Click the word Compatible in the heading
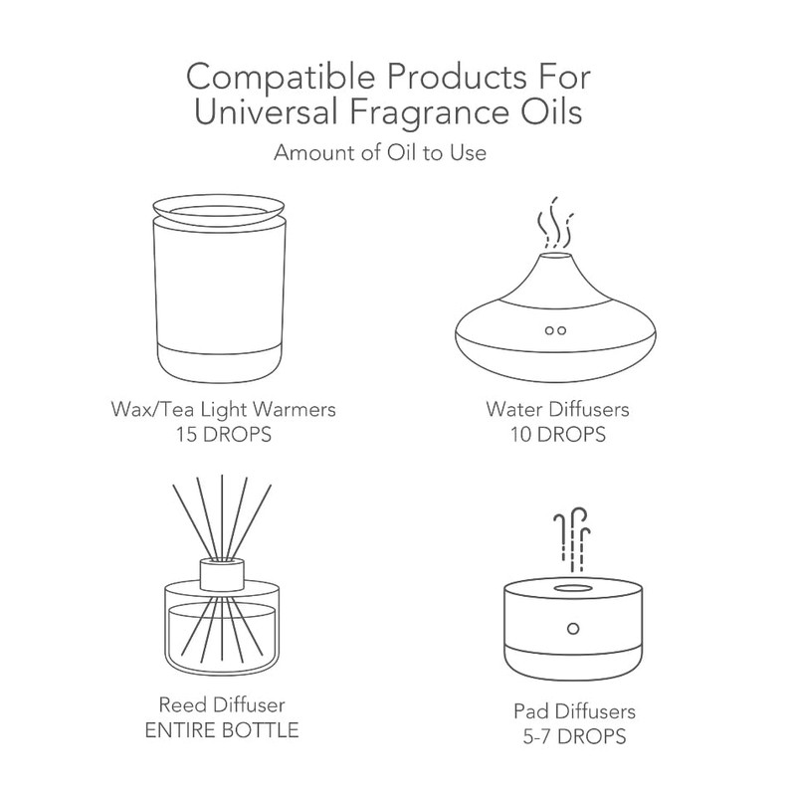pyautogui.click(x=281, y=78)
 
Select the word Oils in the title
pyautogui.click(x=553, y=112)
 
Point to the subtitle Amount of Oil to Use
pyautogui.click(x=380, y=152)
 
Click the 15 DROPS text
pyautogui.click(x=223, y=435)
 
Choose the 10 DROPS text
pyautogui.click(x=558, y=435)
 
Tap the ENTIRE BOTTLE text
pyautogui.click(x=222, y=730)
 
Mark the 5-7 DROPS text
pyautogui.click(x=575, y=736)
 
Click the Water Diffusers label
pyautogui.click(x=557, y=409)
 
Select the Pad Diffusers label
pyautogui.click(x=575, y=711)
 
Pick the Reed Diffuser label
pyautogui.click(x=222, y=704)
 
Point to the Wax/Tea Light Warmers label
pyautogui.click(x=223, y=409)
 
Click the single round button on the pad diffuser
pyautogui.click(x=573, y=629)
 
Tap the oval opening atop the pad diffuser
pyautogui.click(x=573, y=589)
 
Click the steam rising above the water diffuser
pyautogui.click(x=555, y=223)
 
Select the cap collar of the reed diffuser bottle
pyautogui.click(x=222, y=575)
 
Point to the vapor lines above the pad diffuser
pyautogui.click(x=572, y=539)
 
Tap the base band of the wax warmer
pyautogui.click(x=219, y=363)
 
